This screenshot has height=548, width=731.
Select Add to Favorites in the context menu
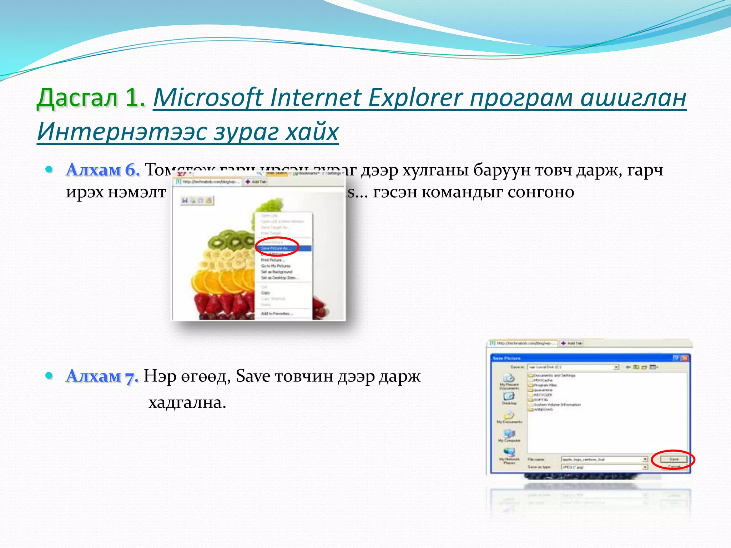(277, 314)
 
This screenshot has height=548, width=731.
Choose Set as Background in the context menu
(277, 272)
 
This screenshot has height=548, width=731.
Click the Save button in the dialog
(674, 459)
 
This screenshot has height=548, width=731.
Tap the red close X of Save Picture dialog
(685, 358)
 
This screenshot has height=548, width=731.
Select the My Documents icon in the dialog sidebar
(509, 417)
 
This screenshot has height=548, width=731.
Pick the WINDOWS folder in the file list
(543, 410)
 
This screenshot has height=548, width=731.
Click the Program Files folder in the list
(545, 385)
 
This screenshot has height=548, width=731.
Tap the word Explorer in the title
(415, 97)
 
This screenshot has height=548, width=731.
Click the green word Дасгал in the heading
(77, 97)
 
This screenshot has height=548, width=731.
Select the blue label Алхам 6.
(103, 170)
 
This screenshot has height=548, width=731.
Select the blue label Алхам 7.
(102, 376)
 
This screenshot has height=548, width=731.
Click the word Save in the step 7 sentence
(253, 376)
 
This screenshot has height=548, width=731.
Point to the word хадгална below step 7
(187, 403)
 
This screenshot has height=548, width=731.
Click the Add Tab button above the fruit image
(256, 182)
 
